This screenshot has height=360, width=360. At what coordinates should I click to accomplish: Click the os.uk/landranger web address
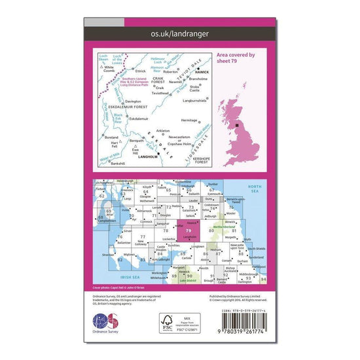click(x=179, y=31)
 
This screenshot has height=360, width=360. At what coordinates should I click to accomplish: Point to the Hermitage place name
click(x=186, y=120)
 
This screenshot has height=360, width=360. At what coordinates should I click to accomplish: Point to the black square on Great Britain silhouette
click(x=238, y=124)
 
